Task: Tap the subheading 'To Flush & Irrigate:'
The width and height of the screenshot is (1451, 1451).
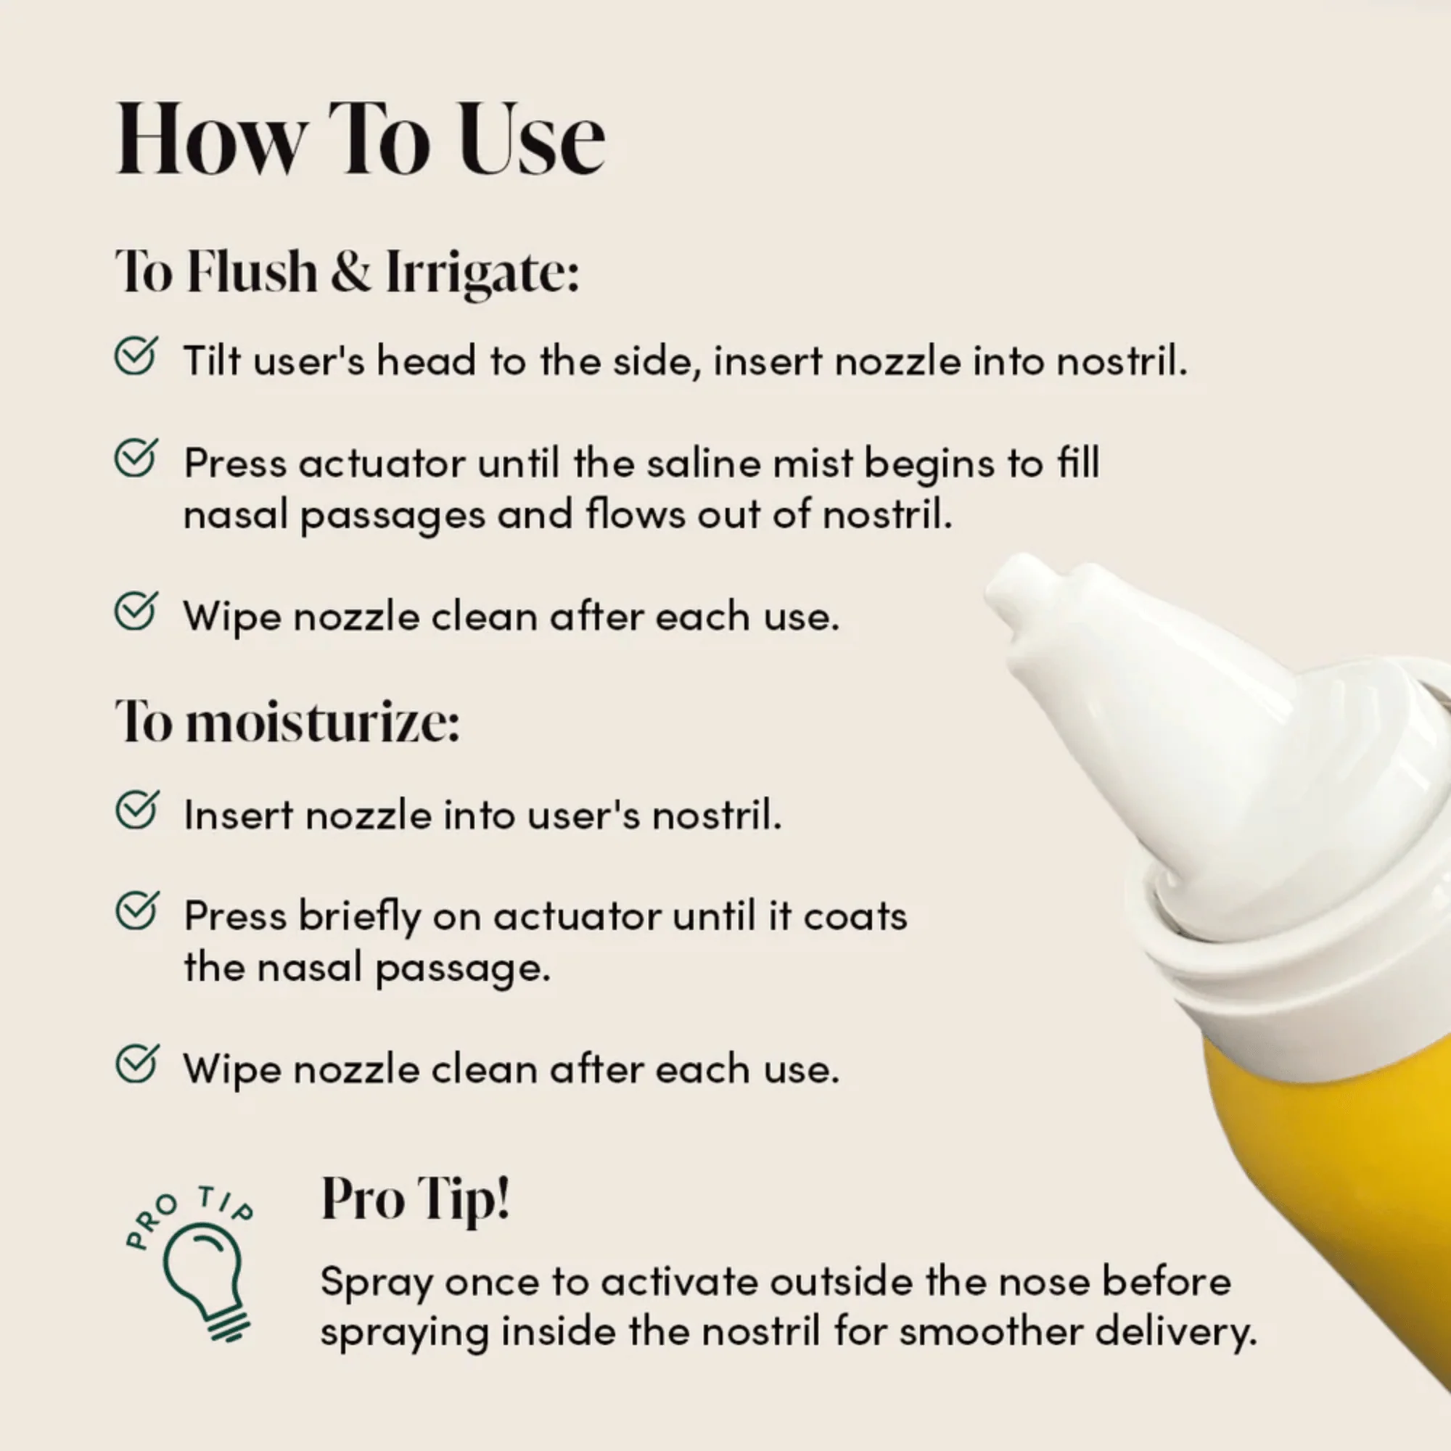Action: pos(347,271)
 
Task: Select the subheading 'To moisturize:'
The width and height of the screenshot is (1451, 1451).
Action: pos(287,722)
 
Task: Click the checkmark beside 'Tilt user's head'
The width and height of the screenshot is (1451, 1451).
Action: pos(136,355)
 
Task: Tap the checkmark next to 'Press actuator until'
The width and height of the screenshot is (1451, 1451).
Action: pos(136,457)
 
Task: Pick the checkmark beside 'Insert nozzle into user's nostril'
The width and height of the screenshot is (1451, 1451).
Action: pos(136,810)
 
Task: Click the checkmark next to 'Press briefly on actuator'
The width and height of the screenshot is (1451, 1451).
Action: pos(136,911)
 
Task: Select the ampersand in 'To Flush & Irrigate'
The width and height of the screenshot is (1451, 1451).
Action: pos(350,271)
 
